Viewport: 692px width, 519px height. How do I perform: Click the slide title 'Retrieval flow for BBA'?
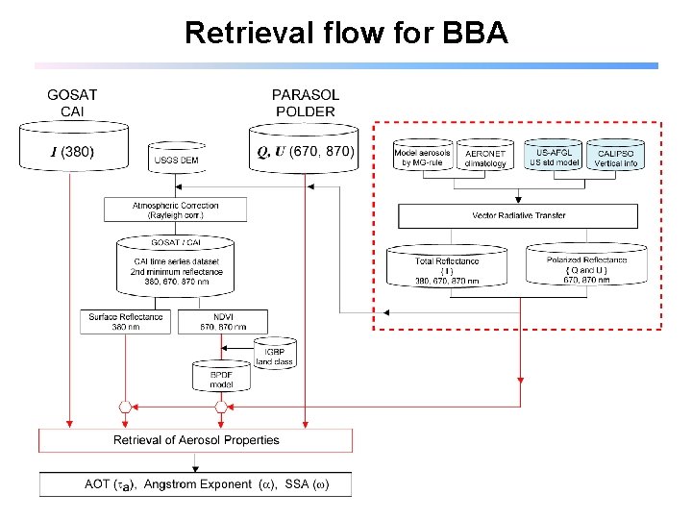(346, 33)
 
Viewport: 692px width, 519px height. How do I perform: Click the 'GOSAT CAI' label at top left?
(72, 104)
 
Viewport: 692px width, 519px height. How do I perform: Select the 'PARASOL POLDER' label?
(305, 104)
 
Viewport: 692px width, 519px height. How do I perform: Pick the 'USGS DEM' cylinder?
(177, 159)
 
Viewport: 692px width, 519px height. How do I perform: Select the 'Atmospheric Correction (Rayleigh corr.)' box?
(175, 210)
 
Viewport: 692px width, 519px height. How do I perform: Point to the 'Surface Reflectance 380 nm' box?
(126, 321)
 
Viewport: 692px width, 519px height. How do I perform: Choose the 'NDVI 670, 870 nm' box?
(222, 321)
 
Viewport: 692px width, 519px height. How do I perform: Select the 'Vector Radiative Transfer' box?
(518, 215)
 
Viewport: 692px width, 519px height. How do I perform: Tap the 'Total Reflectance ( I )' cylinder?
(447, 266)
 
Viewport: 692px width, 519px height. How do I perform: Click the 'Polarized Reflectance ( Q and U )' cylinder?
(586, 266)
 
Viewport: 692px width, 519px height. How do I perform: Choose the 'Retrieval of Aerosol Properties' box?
(196, 440)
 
